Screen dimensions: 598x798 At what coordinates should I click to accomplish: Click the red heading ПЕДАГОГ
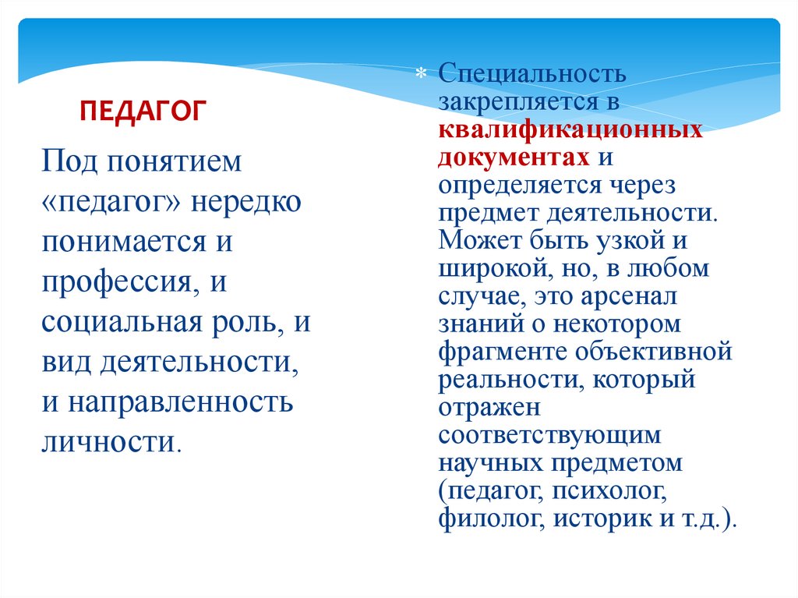pyautogui.click(x=143, y=110)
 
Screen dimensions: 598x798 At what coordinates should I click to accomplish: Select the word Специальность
pyautogui.click(x=531, y=76)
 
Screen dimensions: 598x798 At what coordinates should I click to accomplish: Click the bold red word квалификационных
pyautogui.click(x=570, y=129)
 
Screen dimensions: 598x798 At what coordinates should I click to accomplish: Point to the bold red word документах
pyautogui.click(x=514, y=157)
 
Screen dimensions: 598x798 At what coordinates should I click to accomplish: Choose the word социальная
pyautogui.click(x=123, y=322)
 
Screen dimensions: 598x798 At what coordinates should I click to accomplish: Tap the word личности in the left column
pyautogui.click(x=108, y=442)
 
